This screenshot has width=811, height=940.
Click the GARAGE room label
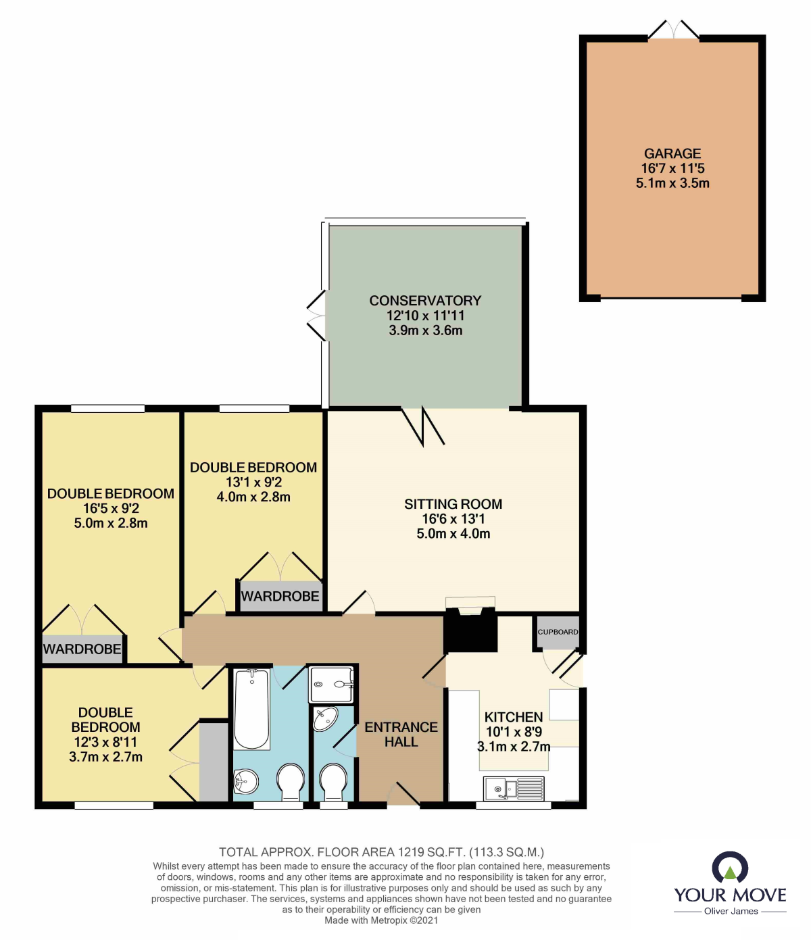(x=672, y=154)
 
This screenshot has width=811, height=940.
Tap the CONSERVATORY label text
(x=425, y=301)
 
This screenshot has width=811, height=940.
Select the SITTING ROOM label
(x=453, y=504)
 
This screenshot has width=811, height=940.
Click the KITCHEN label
(x=514, y=717)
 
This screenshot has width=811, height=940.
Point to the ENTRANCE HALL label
(x=401, y=735)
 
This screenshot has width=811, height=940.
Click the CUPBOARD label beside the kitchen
(x=558, y=632)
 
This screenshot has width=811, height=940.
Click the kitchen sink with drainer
(x=514, y=788)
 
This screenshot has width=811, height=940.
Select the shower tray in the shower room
(x=331, y=685)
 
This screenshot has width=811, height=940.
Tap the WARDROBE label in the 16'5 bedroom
(x=82, y=649)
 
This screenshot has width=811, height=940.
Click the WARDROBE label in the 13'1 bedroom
(x=280, y=597)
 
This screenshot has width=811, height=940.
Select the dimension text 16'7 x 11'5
(x=672, y=168)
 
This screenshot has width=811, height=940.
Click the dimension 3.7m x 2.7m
(x=105, y=757)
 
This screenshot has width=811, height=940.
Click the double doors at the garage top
(x=674, y=30)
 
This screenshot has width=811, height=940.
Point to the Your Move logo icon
(x=730, y=867)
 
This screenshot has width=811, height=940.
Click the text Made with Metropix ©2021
(x=381, y=920)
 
